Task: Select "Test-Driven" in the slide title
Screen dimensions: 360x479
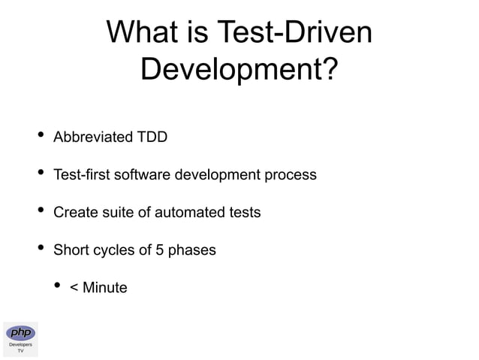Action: click(x=294, y=33)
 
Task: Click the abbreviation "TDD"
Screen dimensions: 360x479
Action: click(x=152, y=138)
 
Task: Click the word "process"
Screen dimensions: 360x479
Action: click(x=291, y=175)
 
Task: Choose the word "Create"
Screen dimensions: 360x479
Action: click(x=75, y=213)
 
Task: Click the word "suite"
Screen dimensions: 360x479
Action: click(x=117, y=213)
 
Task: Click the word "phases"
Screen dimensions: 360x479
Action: click(x=193, y=250)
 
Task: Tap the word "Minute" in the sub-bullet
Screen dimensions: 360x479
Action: click(x=105, y=288)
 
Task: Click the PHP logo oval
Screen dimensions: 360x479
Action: click(x=20, y=332)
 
